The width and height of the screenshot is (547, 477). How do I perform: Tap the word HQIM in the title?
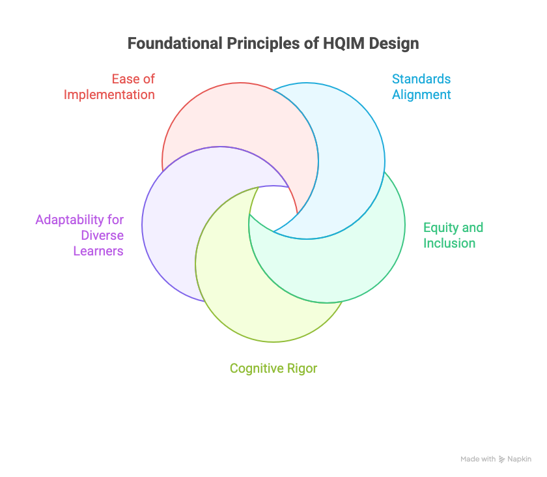click(x=341, y=44)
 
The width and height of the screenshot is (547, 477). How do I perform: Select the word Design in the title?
click(x=395, y=44)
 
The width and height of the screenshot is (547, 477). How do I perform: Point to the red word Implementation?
click(x=109, y=94)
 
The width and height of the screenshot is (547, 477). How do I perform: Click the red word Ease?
click(x=125, y=79)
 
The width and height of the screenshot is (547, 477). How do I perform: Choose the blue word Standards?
click(x=421, y=79)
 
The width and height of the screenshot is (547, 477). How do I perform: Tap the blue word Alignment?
click(x=421, y=94)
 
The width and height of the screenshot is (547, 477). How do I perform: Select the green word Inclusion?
click(x=449, y=243)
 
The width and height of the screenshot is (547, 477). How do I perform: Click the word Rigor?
click(x=302, y=368)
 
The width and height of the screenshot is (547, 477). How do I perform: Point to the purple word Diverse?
click(x=102, y=235)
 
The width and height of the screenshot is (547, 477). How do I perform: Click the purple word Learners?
click(x=98, y=250)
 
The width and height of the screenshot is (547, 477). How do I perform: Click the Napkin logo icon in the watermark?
click(x=501, y=459)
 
